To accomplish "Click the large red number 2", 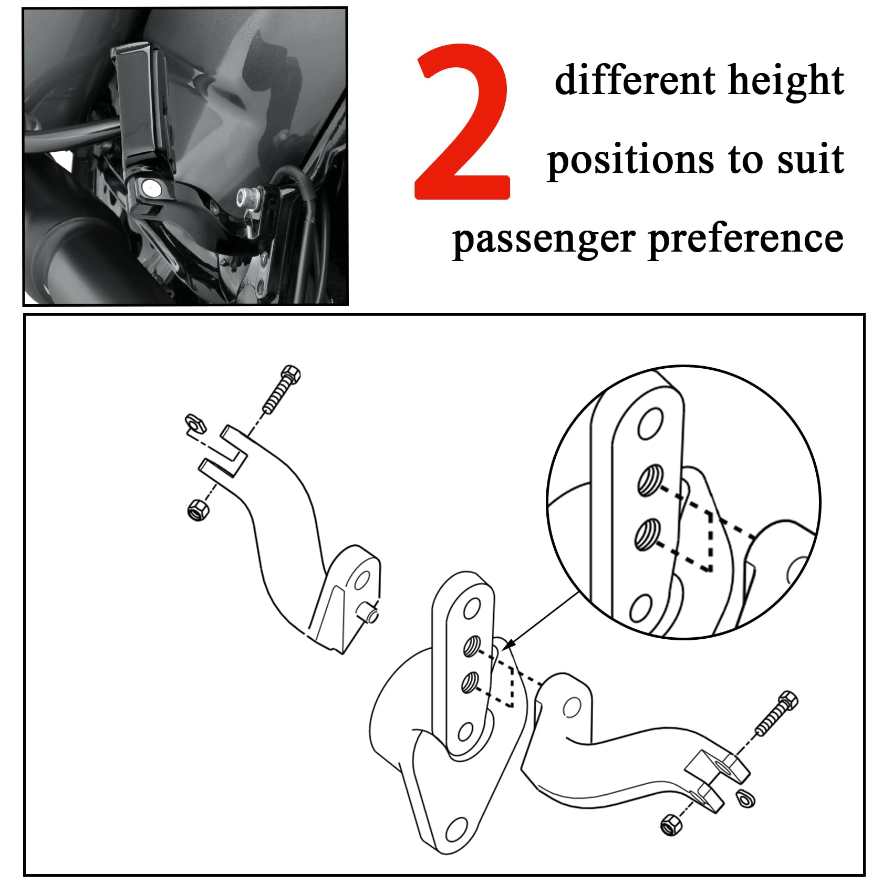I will click(462, 123).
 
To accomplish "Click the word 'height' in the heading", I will click(786, 81).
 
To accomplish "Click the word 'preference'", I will click(746, 240).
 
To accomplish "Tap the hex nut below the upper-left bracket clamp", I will click(199, 510).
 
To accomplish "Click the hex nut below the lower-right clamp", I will click(670, 823).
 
